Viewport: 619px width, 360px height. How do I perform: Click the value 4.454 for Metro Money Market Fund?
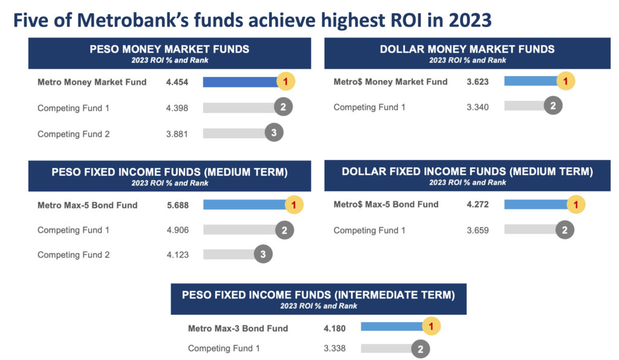pyautogui.click(x=177, y=82)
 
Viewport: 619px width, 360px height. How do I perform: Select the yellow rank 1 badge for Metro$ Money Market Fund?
pyautogui.click(x=565, y=81)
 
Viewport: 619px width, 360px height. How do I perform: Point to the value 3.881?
pyautogui.click(x=177, y=134)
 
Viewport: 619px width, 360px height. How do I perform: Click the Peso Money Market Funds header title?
pyautogui.click(x=169, y=49)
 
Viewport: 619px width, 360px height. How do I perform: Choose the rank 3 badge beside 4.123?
pyautogui.click(x=263, y=254)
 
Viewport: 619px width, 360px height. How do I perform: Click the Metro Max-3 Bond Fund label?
pyautogui.click(x=238, y=328)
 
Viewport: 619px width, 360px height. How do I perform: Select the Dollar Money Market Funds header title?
pyautogui.click(x=467, y=49)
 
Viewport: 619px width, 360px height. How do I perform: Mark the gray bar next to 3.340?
pyautogui.click(x=523, y=106)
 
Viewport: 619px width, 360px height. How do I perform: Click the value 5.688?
pyautogui.click(x=177, y=205)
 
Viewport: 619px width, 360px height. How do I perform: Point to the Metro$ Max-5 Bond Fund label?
pyautogui.click(x=386, y=204)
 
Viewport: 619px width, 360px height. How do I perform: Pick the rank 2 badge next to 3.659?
pyautogui.click(x=565, y=230)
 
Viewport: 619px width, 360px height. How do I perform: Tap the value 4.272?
pyautogui.click(x=478, y=204)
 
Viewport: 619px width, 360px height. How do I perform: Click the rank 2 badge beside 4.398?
pyautogui.click(x=283, y=108)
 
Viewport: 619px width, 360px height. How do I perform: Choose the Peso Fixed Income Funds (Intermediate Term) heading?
pyautogui.click(x=318, y=295)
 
